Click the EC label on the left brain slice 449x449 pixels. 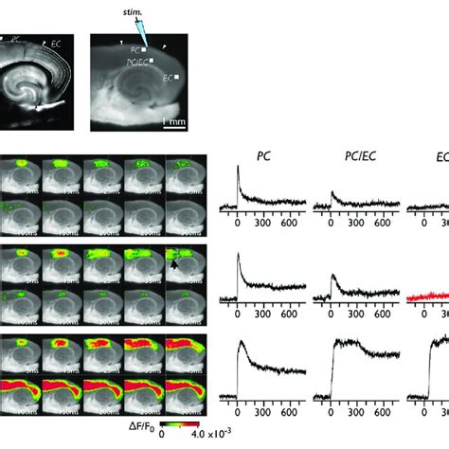coord(58,44)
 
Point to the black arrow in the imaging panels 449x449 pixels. coord(174,267)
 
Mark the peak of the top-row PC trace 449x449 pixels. coord(238,168)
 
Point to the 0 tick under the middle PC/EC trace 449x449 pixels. coord(331,315)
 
